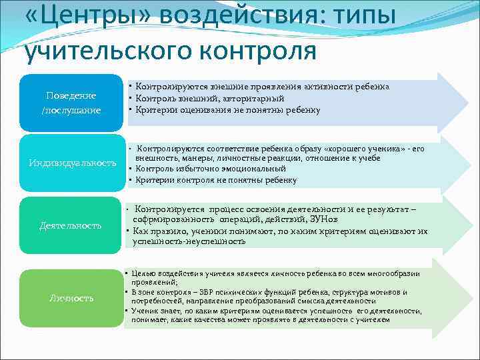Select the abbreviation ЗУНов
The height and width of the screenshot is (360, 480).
(335, 219)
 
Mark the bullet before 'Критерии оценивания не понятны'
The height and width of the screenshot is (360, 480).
(131, 109)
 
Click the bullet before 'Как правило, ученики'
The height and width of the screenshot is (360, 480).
(127, 231)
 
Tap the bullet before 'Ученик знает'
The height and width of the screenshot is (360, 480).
(127, 311)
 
